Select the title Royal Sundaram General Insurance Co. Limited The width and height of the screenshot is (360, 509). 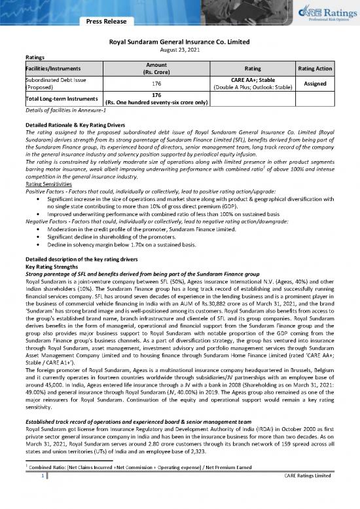click(180, 41)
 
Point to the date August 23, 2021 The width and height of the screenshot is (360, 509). click(180, 49)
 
